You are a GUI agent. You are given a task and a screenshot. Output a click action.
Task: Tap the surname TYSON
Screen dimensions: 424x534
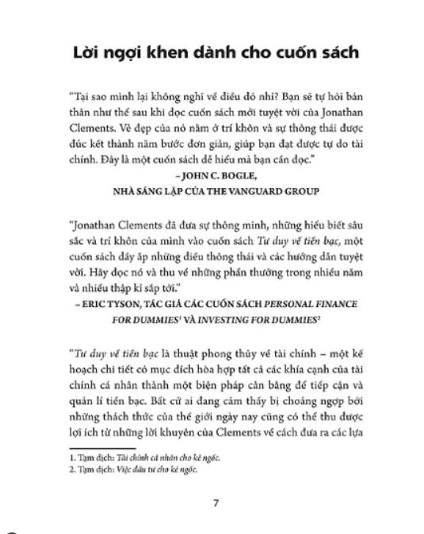coord(134,303)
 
